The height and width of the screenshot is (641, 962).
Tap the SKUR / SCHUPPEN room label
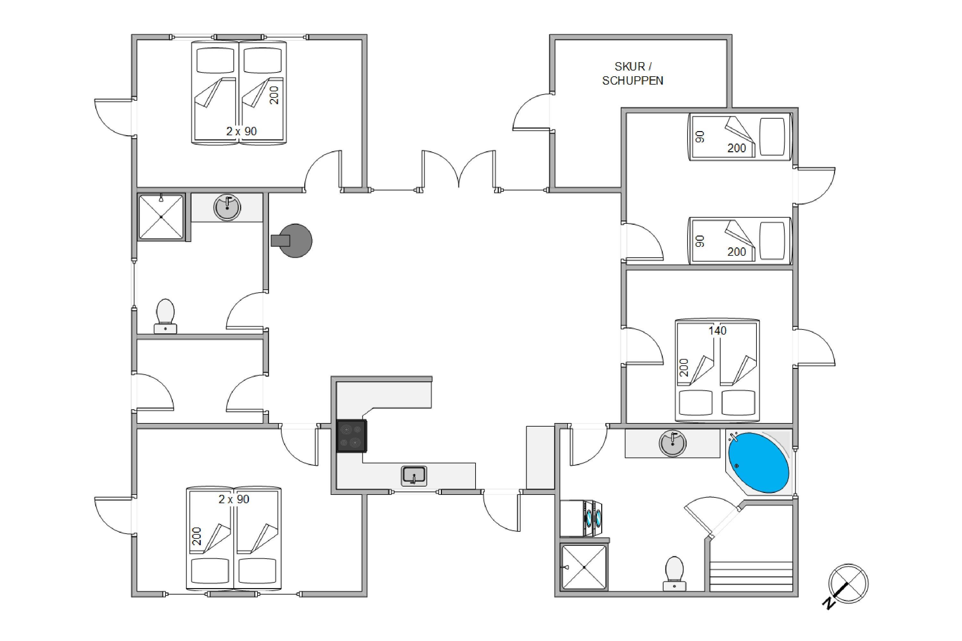tap(633, 74)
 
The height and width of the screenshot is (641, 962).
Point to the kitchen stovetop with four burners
tap(351, 436)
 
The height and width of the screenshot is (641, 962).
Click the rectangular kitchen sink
tap(414, 476)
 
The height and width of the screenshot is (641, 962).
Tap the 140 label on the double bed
tap(717, 330)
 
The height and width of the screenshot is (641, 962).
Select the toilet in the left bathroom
tap(165, 316)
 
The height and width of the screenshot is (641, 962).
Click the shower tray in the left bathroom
tap(162, 217)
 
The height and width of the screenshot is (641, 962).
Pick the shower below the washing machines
tap(584, 567)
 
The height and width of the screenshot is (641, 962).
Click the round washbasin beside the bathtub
tap(673, 443)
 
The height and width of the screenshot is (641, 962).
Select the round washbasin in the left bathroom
tap(227, 207)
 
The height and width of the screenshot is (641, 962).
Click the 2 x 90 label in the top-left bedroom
tap(241, 131)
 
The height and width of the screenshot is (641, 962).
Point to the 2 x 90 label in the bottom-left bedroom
tap(234, 499)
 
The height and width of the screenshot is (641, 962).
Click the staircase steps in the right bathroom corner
tap(751, 576)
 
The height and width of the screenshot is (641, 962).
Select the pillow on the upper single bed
tap(772, 137)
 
